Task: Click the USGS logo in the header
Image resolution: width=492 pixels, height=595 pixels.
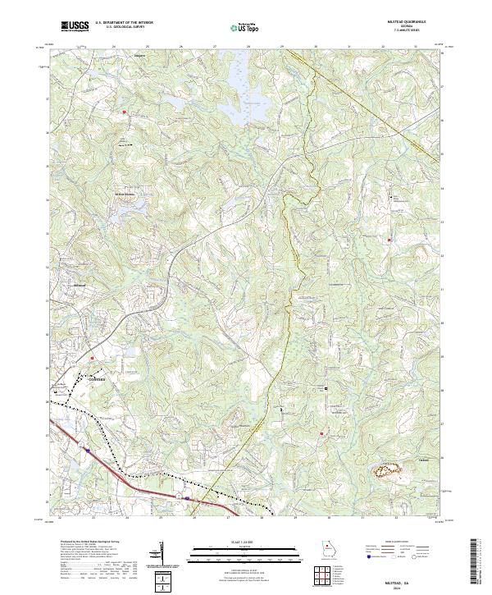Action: (x=75, y=26)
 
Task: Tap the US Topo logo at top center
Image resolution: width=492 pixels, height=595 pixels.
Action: (x=239, y=27)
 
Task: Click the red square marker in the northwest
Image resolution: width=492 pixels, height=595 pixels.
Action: (x=125, y=112)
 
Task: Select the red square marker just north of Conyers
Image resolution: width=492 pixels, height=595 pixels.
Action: (x=92, y=358)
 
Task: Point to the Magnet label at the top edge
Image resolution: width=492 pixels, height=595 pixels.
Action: (x=139, y=57)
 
